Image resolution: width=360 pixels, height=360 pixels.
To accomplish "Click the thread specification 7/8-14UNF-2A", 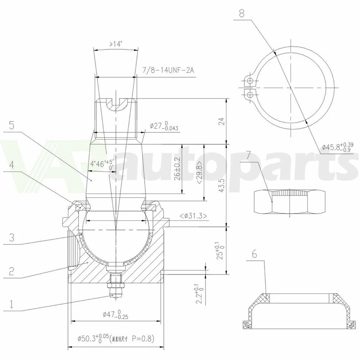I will click(168, 70).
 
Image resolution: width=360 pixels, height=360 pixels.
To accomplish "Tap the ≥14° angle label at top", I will click(116, 44).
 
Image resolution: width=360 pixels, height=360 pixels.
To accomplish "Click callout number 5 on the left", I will click(12, 126).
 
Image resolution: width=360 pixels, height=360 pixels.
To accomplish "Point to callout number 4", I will click(12, 165).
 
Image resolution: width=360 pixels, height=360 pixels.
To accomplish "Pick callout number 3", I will click(12, 237).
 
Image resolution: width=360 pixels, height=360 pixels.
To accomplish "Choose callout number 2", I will click(12, 271).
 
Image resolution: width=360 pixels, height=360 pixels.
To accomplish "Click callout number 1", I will click(12, 304).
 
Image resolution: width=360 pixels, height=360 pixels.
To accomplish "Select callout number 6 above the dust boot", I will click(255, 254).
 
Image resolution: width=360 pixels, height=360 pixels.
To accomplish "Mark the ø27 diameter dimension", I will click(164, 126).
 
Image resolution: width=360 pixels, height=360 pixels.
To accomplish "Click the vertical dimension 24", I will click(221, 121).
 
